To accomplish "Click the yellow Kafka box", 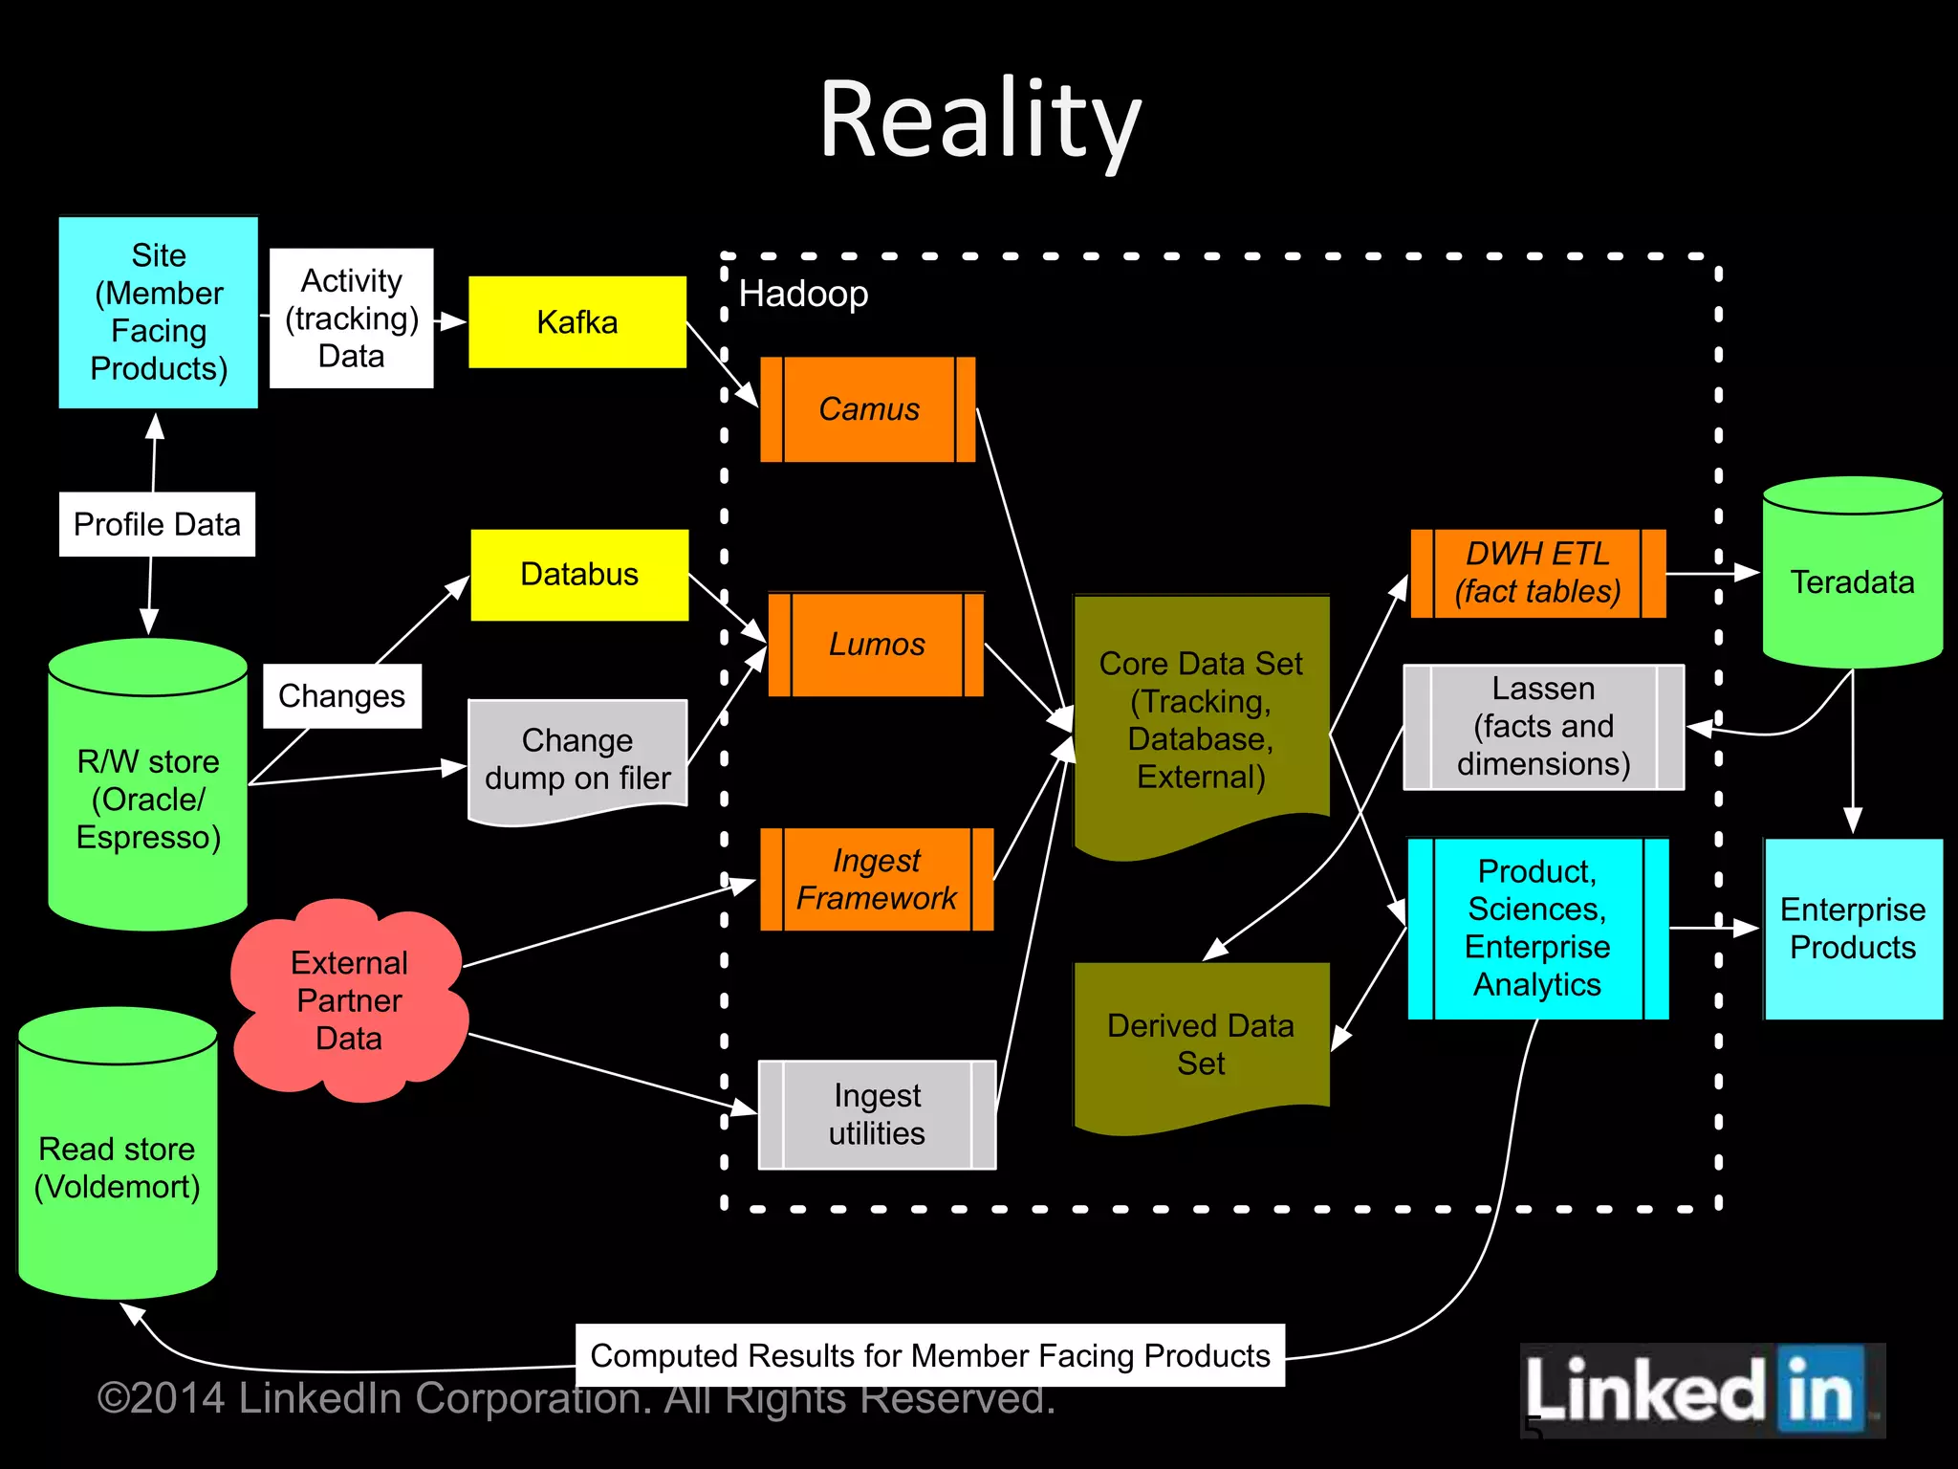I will click(x=577, y=322).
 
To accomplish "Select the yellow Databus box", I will click(x=579, y=574).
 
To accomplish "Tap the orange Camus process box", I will click(x=868, y=409).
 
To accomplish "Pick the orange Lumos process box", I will click(x=876, y=644).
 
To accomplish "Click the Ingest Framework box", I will click(x=876, y=879).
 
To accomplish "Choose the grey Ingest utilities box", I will click(x=877, y=1114).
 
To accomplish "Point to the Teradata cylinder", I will click(x=1852, y=581).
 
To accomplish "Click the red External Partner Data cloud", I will click(x=349, y=1000).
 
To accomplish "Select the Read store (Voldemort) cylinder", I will click(x=118, y=1167).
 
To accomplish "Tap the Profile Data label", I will click(x=157, y=524).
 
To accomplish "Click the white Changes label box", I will click(x=341, y=696).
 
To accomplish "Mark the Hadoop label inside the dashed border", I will click(x=803, y=294).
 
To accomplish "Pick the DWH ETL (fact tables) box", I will click(x=1537, y=573).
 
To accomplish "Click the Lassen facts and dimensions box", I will click(x=1543, y=727).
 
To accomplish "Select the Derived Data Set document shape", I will click(x=1201, y=1043).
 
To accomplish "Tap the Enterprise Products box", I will click(x=1852, y=929).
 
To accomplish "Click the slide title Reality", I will click(x=979, y=120).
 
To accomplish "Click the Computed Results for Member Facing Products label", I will click(x=929, y=1355).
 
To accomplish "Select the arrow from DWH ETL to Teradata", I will click(x=1711, y=573).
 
